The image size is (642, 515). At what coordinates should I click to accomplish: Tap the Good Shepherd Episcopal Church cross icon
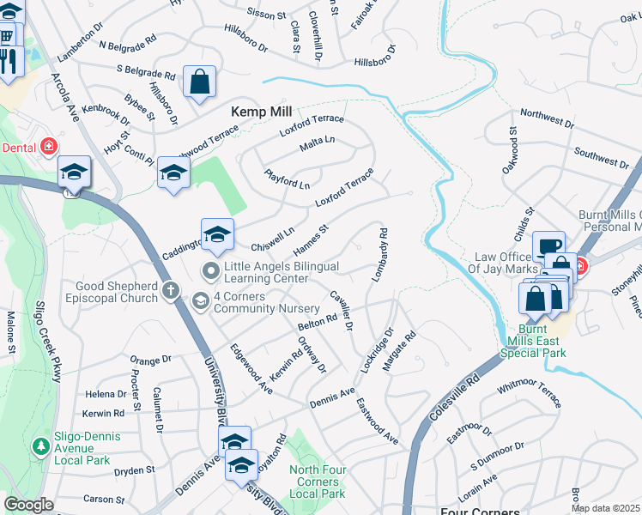pyautogui.click(x=171, y=292)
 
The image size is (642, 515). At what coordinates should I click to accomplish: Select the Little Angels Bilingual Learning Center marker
pyautogui.click(x=210, y=272)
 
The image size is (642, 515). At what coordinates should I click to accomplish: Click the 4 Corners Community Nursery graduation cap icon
pyautogui.click(x=200, y=300)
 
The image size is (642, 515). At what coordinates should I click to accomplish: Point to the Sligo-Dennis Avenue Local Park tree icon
pyautogui.click(x=40, y=446)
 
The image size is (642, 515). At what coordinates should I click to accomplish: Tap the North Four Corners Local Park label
pyautogui.click(x=318, y=481)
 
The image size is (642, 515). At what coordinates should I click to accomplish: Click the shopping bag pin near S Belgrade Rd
pyautogui.click(x=199, y=82)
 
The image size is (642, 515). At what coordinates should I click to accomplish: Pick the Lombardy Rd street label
pyautogui.click(x=380, y=255)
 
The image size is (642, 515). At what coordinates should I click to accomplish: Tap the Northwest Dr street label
pyautogui.click(x=546, y=118)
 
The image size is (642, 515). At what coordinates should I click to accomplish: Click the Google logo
pyautogui.click(x=28, y=505)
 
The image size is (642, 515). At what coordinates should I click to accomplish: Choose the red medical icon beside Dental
pyautogui.click(x=49, y=147)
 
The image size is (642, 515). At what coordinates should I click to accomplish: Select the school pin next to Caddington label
pyautogui.click(x=217, y=233)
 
